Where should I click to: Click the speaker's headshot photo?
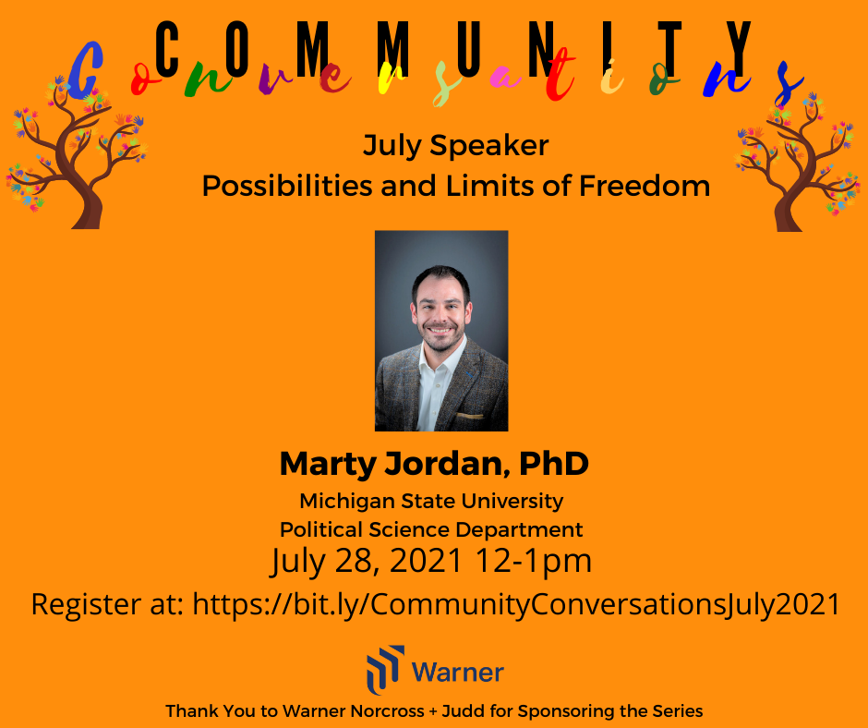[x=441, y=331]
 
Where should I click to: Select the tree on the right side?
[x=797, y=162]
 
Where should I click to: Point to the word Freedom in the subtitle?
[x=645, y=186]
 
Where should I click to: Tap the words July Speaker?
[x=455, y=146]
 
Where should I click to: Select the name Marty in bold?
[x=328, y=465]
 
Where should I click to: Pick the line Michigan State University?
[x=431, y=501]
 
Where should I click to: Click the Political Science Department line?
[x=431, y=529]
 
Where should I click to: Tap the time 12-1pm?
[x=534, y=560]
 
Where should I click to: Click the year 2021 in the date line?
[x=426, y=560]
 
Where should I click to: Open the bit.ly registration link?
[x=516, y=604]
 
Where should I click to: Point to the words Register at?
[x=107, y=604]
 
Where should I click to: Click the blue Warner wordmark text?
[x=458, y=673]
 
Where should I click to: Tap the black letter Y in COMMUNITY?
[x=739, y=49]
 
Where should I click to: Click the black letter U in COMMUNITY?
[x=468, y=49]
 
